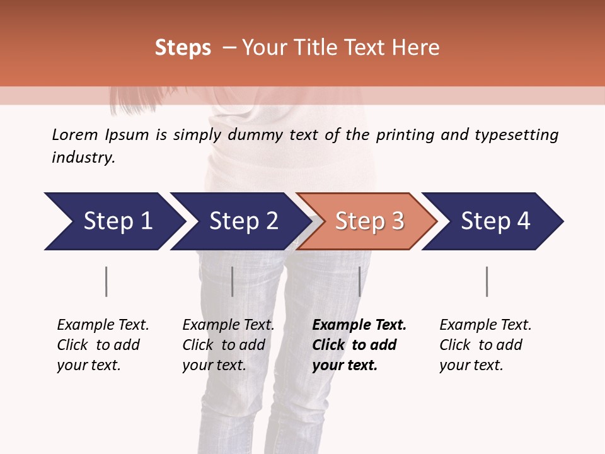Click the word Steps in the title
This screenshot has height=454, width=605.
click(183, 47)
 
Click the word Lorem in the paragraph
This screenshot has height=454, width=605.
click(75, 134)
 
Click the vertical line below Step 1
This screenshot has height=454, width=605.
click(106, 281)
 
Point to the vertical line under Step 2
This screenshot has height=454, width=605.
click(232, 281)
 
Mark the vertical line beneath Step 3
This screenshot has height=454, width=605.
click(359, 281)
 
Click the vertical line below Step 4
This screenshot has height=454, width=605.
click(487, 281)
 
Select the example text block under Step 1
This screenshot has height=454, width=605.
click(103, 345)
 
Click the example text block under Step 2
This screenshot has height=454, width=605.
click(228, 345)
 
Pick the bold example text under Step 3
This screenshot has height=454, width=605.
click(359, 345)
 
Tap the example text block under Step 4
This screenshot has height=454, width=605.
click(485, 345)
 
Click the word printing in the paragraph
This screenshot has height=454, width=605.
click(406, 134)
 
